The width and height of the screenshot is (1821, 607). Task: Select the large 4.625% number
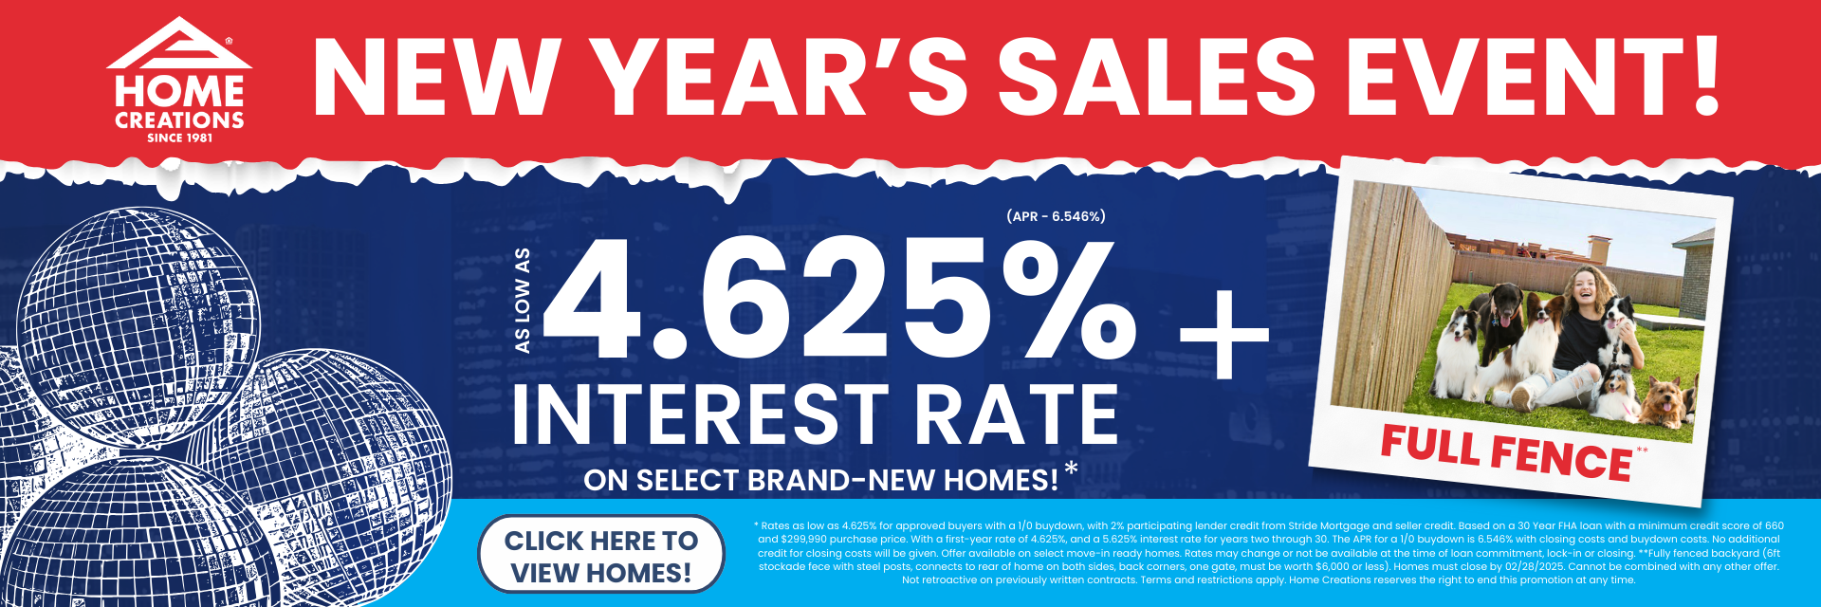pos(840,298)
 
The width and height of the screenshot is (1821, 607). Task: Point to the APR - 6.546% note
pos(1056,216)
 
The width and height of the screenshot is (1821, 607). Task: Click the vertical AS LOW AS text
pos(522,301)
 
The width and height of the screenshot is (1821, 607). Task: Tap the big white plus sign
pos(1223,335)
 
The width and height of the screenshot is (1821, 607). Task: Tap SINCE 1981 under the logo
pos(179,138)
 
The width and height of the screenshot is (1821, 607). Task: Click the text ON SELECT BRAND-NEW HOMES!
pos(821,480)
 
